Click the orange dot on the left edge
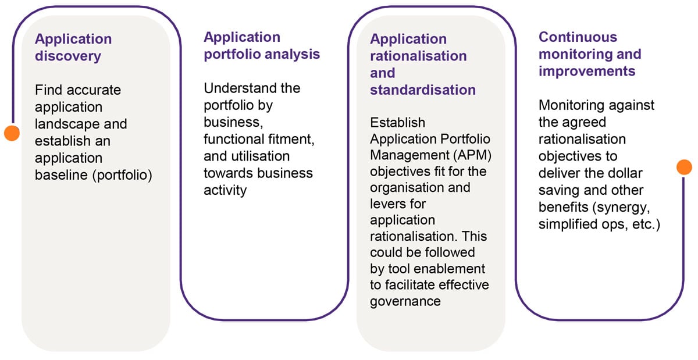click(x=12, y=133)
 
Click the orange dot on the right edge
click(x=684, y=167)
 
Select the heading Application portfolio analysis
click(x=261, y=46)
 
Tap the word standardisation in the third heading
click(x=423, y=90)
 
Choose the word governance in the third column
click(x=405, y=301)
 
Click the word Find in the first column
click(x=49, y=90)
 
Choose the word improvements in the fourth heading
click(x=586, y=71)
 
